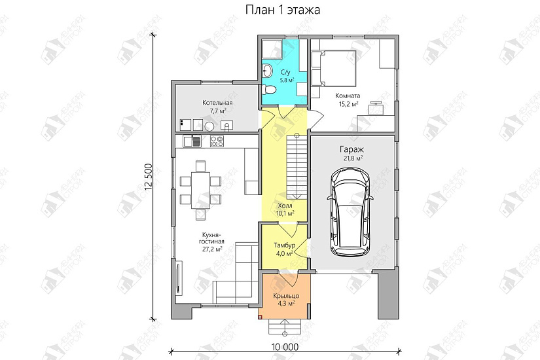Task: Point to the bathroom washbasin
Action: coord(267,70)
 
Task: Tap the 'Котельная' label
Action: coord(217,103)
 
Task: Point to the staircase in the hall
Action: coord(297,167)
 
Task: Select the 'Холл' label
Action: coord(285,205)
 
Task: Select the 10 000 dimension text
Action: coord(281,347)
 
